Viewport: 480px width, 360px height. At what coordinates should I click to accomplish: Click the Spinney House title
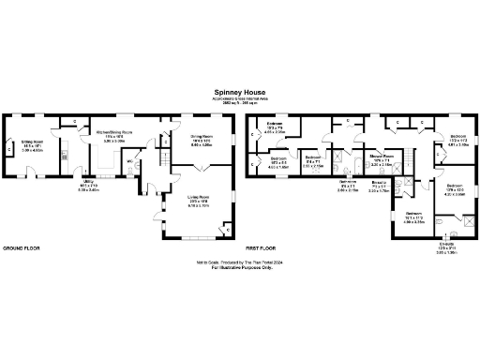click(x=239, y=93)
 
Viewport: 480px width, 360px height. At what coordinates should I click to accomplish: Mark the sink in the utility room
click(x=64, y=156)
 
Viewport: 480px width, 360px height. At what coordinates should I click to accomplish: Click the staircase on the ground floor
click(x=165, y=159)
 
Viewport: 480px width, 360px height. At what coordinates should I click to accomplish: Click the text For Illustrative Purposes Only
click(x=240, y=268)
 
